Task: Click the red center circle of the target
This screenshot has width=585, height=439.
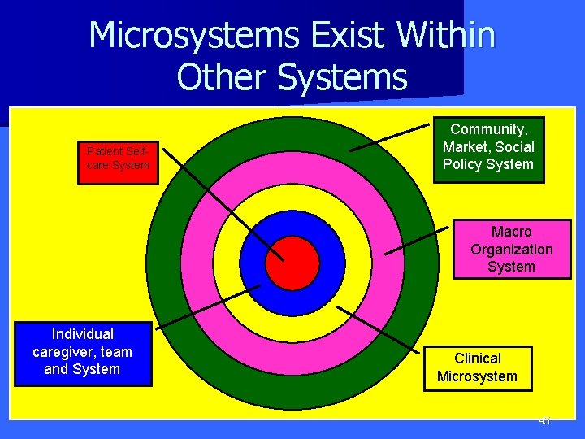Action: click(292, 263)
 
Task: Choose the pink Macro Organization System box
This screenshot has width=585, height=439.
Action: click(511, 249)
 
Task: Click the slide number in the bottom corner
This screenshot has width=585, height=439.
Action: click(544, 421)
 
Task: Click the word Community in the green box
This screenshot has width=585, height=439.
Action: click(489, 129)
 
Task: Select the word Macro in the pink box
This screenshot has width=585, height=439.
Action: click(512, 232)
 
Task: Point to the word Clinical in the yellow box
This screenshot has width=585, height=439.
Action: click(478, 359)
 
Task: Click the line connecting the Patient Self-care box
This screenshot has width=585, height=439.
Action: click(219, 203)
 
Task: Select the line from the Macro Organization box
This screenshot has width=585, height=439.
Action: click(416, 242)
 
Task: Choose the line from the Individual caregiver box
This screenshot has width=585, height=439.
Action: click(207, 306)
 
